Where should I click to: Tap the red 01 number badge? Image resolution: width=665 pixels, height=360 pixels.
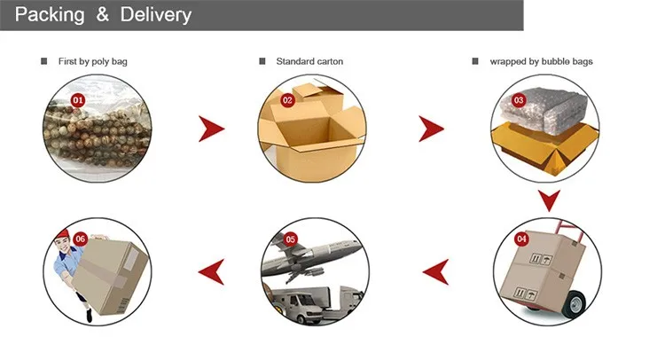77,100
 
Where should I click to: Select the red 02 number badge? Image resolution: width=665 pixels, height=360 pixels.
287,100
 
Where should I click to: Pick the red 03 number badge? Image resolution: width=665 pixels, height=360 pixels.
520,100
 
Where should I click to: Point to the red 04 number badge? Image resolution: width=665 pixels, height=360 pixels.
520,239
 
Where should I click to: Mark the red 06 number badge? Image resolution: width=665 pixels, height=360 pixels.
81,238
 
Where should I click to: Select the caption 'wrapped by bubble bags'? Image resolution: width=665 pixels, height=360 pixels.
541,61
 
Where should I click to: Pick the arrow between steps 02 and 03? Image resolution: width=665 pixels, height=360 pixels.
432,129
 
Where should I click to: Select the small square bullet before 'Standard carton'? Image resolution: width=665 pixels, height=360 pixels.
262,61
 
